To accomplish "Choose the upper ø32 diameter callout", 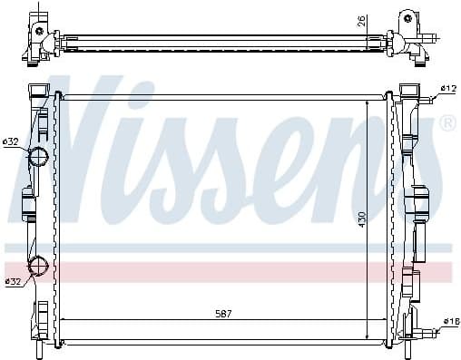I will pyautogui.click(x=11, y=141).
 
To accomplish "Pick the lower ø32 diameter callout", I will pyautogui.click(x=13, y=282).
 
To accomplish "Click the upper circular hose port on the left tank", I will pyautogui.click(x=40, y=157).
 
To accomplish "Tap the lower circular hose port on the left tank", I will pyautogui.click(x=40, y=267).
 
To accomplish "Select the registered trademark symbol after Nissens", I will pyautogui.click(x=447, y=122).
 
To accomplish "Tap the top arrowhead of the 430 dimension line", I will pyautogui.click(x=366, y=102).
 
